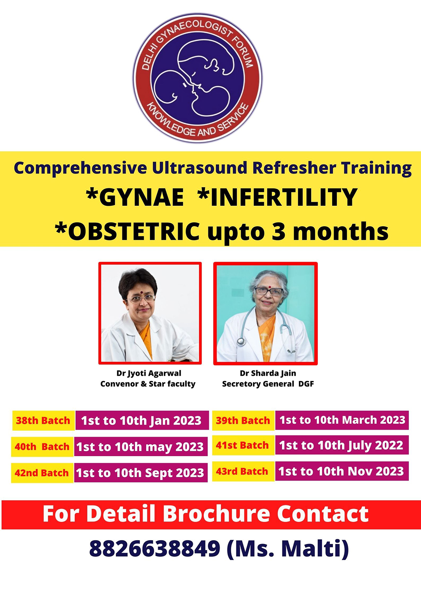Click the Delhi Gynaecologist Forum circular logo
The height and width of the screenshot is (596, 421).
(x=197, y=77)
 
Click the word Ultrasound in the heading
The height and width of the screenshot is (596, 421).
(x=200, y=168)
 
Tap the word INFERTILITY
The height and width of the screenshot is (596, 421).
(x=277, y=197)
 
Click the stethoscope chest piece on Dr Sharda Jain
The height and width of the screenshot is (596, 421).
(x=241, y=341)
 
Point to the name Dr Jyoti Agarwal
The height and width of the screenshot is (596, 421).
(x=149, y=373)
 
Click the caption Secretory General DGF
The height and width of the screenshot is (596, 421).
(x=268, y=384)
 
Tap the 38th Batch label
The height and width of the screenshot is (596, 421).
(x=43, y=421)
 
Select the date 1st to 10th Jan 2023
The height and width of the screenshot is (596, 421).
(x=141, y=421)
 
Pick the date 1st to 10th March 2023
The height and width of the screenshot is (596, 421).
(x=342, y=420)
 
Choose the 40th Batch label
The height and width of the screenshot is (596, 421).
(x=42, y=447)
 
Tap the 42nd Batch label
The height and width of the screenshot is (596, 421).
(x=42, y=473)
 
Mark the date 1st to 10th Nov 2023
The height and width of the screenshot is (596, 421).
(x=341, y=472)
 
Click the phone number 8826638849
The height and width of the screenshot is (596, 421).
(x=155, y=549)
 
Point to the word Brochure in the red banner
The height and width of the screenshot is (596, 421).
(x=216, y=514)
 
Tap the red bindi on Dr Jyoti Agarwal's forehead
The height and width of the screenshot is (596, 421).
(x=141, y=292)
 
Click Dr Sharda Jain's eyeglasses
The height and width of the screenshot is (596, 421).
(x=269, y=291)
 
